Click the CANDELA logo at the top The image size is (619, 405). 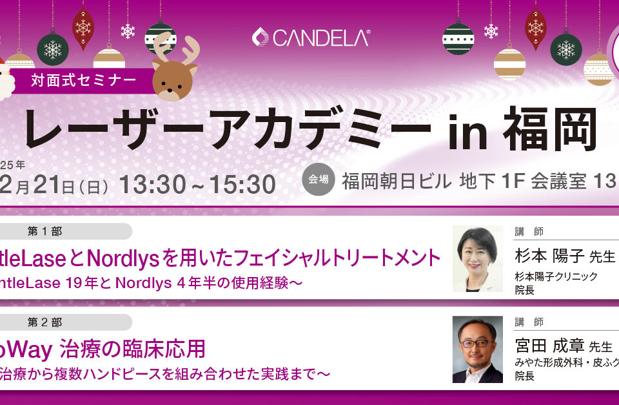311,37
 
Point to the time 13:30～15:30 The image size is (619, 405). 197,185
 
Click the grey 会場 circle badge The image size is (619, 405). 318,180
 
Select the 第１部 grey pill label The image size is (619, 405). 45,231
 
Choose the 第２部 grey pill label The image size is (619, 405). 45,322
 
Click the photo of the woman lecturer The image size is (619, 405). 477,258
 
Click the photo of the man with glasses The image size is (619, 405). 477,349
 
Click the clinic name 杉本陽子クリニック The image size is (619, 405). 556,276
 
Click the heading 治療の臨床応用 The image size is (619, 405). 132,349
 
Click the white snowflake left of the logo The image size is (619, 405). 128,30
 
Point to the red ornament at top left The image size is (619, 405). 83,27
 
